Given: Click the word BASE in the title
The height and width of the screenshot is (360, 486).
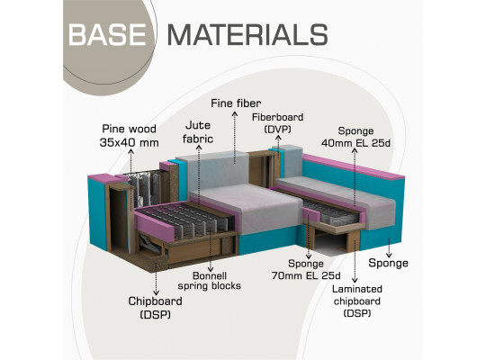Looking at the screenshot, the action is tap(107, 35).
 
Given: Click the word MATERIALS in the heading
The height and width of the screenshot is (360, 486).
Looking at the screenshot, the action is tap(247, 35).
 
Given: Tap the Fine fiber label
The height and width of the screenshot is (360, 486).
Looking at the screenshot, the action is tap(236, 103).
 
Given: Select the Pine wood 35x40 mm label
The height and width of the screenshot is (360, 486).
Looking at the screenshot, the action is tap(130, 136).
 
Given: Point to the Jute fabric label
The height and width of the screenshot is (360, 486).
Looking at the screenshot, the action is tap(198, 132).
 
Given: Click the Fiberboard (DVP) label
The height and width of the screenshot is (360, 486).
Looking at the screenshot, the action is tap(278, 123).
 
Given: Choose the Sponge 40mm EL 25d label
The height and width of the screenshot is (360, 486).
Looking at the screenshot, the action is tap(355, 137).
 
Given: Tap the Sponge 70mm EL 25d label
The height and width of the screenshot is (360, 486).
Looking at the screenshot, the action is tap(306, 269).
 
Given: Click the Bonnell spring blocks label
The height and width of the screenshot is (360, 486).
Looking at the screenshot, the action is tap(210, 281).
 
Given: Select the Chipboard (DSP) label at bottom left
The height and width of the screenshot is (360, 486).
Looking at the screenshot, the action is tap(156, 308).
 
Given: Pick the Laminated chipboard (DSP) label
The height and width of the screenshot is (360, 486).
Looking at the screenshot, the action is tap(357, 301).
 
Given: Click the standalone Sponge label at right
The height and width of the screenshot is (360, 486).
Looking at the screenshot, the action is tap(388, 264).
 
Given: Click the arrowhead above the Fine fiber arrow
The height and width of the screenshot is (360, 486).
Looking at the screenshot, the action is tap(235, 113).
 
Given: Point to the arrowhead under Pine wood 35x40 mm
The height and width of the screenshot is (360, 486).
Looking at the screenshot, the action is tap(131, 151).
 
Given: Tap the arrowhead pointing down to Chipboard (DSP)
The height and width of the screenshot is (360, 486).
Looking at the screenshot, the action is tap(157, 292).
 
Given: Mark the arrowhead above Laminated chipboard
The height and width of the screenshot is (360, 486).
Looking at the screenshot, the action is tap(355, 280).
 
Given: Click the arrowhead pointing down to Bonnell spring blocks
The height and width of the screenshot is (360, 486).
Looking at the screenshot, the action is tap(211, 269).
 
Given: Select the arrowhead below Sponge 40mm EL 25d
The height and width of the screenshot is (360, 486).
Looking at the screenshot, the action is tap(355, 151).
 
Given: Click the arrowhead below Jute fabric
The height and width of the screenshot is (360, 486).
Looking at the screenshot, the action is tap(199, 148).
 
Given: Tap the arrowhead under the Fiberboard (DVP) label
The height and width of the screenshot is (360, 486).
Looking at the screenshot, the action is tap(278, 138).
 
